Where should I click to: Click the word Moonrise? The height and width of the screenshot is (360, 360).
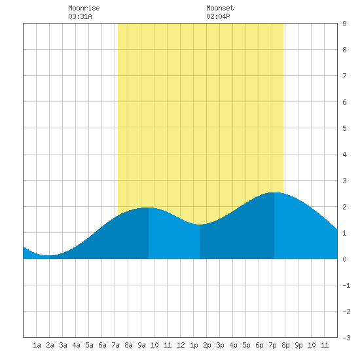pos(84,8)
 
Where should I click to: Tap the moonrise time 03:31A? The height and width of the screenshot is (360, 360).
pos(80,16)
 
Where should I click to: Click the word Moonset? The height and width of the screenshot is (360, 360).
pos(220,8)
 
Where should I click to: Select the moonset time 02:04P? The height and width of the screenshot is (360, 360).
pos(218,16)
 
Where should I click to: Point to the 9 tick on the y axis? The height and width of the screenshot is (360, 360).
pos(344,24)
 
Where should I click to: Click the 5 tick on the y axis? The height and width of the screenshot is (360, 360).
pos(344,128)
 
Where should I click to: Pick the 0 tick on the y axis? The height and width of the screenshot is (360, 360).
pos(344,259)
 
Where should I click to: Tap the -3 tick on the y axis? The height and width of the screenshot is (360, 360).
pos(346,338)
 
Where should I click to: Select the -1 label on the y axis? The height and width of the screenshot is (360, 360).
pos(346,285)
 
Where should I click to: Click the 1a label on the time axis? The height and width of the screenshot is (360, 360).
pos(37,345)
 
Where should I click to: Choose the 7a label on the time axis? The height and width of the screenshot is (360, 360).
pos(115,345)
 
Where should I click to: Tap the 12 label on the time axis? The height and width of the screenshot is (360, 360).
pos(181,345)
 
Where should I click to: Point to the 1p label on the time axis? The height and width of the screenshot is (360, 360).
pos(194,345)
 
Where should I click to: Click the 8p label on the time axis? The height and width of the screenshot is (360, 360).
pos(285,345)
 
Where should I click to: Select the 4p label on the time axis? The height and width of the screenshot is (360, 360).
pos(233,345)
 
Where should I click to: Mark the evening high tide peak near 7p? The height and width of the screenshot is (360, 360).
pos(274,192)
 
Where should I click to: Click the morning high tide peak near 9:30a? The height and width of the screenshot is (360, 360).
pos(149,207)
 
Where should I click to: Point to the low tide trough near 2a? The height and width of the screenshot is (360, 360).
pos(49,255)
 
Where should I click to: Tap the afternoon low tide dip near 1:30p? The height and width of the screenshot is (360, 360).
pos(200,225)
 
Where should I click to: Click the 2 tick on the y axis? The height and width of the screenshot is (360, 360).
pos(344,207)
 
